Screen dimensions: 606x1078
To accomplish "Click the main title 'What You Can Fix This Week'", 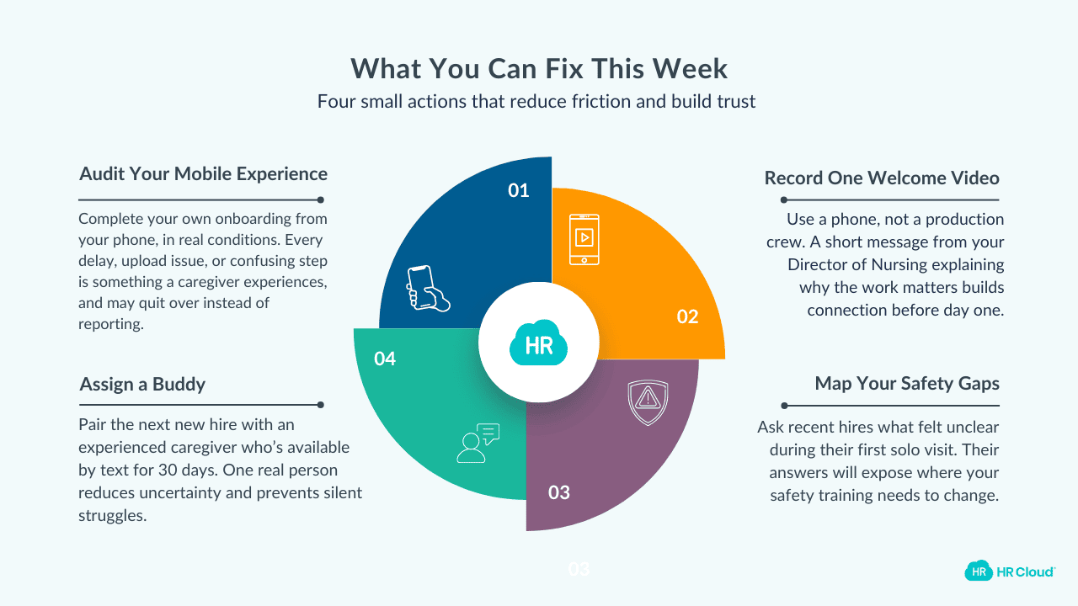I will [x=539, y=68].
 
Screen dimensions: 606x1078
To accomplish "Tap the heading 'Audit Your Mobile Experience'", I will [x=203, y=174].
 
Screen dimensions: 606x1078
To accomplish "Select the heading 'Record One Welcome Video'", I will [x=882, y=178].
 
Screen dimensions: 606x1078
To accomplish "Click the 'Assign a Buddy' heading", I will [x=142, y=385].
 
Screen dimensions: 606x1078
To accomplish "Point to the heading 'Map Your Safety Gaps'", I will [x=907, y=384].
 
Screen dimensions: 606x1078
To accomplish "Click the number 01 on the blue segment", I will [x=519, y=191].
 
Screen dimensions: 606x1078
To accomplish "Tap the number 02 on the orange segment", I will [x=688, y=316].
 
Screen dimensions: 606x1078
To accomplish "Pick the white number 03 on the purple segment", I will [x=559, y=492].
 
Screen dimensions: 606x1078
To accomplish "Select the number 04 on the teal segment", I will [x=385, y=359].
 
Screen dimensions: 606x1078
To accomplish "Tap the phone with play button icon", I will [x=584, y=237].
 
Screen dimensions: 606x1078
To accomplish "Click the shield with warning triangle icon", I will [x=648, y=401].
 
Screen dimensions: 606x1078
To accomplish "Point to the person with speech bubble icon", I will [x=477, y=443].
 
